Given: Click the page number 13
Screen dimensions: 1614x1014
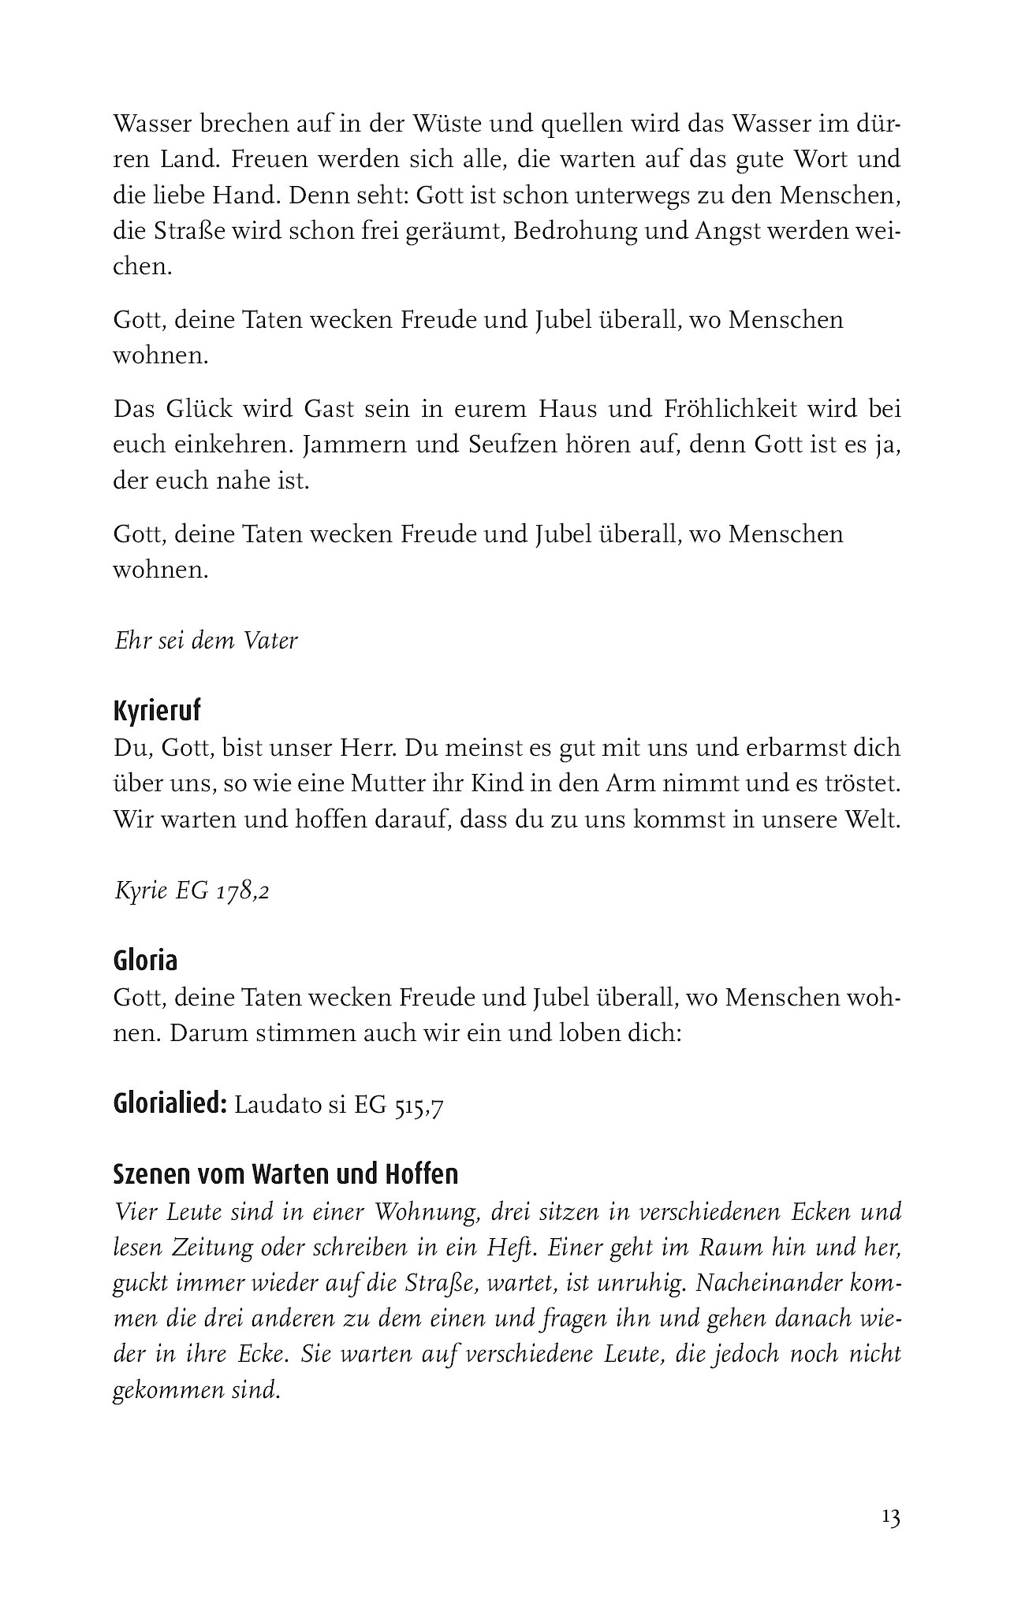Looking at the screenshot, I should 891,1518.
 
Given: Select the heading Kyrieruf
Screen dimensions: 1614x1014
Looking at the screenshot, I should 157,711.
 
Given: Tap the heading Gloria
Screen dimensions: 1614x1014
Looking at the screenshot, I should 145,960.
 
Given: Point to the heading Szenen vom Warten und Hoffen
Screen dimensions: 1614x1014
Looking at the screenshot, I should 285,1173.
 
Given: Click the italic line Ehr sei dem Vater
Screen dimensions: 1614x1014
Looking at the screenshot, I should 206,641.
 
